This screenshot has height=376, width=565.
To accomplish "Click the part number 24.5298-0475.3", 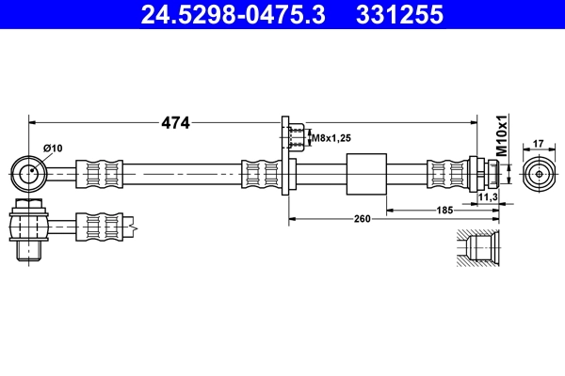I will (234, 15).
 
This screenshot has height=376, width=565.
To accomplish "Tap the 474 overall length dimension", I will (175, 121).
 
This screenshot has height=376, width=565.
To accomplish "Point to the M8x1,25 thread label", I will (331, 138).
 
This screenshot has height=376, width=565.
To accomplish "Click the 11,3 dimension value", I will (487, 197).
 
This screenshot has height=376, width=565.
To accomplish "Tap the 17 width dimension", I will (539, 144).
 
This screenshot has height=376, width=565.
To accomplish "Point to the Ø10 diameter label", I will (53, 148).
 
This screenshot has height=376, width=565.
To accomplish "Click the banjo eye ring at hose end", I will (30, 173).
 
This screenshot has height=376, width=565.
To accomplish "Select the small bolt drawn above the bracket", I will (294, 136).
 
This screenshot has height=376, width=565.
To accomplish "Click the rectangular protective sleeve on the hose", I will (365, 174).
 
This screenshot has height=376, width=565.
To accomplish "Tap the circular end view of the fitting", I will (539, 174).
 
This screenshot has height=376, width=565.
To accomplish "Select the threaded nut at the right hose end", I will (489, 174).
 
